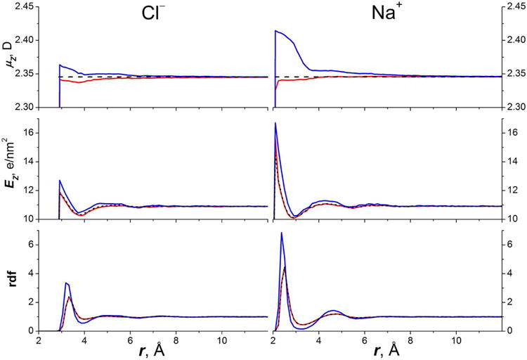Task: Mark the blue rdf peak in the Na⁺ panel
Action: pyautogui.click(x=282, y=233)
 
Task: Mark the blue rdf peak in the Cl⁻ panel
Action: pyautogui.click(x=66, y=283)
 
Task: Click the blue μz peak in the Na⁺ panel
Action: pyautogui.click(x=275, y=31)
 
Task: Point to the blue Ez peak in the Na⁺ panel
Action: pyautogui.click(x=275, y=123)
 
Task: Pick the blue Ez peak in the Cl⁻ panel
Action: pyautogui.click(x=60, y=181)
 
